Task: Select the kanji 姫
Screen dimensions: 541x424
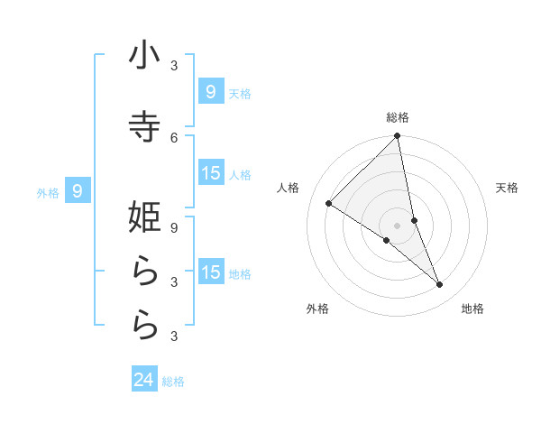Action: click(x=144, y=217)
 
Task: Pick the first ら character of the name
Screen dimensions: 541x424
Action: click(x=144, y=272)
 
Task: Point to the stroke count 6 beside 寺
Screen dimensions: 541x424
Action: click(x=174, y=137)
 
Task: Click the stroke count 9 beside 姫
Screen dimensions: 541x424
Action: click(x=174, y=227)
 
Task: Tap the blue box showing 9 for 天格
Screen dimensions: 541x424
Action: click(x=210, y=92)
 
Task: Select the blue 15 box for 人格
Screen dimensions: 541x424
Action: click(x=210, y=173)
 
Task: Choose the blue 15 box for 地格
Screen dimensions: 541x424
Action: click(x=210, y=272)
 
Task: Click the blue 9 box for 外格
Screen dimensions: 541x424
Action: click(x=78, y=191)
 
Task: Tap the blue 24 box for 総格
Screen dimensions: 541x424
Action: click(x=144, y=380)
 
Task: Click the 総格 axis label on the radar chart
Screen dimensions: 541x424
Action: click(x=398, y=117)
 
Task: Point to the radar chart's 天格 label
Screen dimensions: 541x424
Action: click(x=508, y=188)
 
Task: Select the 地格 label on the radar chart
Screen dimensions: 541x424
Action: click(x=472, y=309)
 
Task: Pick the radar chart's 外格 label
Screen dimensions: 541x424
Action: click(x=317, y=309)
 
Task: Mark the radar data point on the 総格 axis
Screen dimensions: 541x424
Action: click(x=398, y=136)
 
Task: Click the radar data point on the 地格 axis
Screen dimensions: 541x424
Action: click(x=440, y=285)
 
